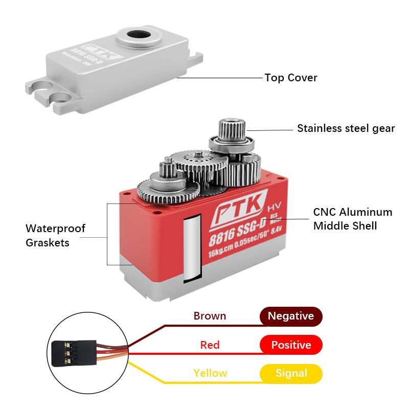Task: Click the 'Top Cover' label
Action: (x=290, y=78)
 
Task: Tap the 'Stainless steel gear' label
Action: (x=346, y=128)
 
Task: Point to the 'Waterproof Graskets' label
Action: (x=55, y=235)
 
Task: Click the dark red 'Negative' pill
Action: (x=291, y=316)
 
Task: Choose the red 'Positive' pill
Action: (x=291, y=345)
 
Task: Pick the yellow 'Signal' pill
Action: (x=291, y=373)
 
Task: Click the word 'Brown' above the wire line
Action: (x=210, y=316)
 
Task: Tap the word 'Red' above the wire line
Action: (x=210, y=345)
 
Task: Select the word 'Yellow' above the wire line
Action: (x=210, y=373)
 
